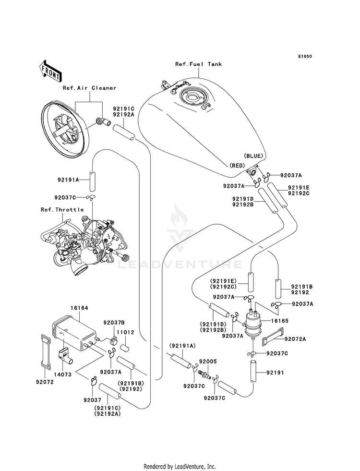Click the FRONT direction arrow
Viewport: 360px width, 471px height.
(x=50, y=71)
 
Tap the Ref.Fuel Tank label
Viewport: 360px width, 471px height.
(x=198, y=64)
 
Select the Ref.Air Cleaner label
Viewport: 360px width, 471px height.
(x=89, y=88)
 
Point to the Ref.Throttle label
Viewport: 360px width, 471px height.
(x=62, y=210)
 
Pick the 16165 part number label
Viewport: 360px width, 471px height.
(x=279, y=321)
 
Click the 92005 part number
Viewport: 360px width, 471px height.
(x=208, y=362)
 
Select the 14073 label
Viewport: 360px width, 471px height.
(x=62, y=375)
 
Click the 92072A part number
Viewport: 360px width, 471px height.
(x=295, y=339)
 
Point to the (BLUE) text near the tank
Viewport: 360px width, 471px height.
(x=253, y=156)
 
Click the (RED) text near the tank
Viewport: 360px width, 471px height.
(x=237, y=166)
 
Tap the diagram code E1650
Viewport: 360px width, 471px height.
(x=305, y=56)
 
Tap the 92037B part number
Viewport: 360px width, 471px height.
(x=114, y=323)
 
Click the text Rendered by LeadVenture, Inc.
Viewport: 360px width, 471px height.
(x=180, y=467)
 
